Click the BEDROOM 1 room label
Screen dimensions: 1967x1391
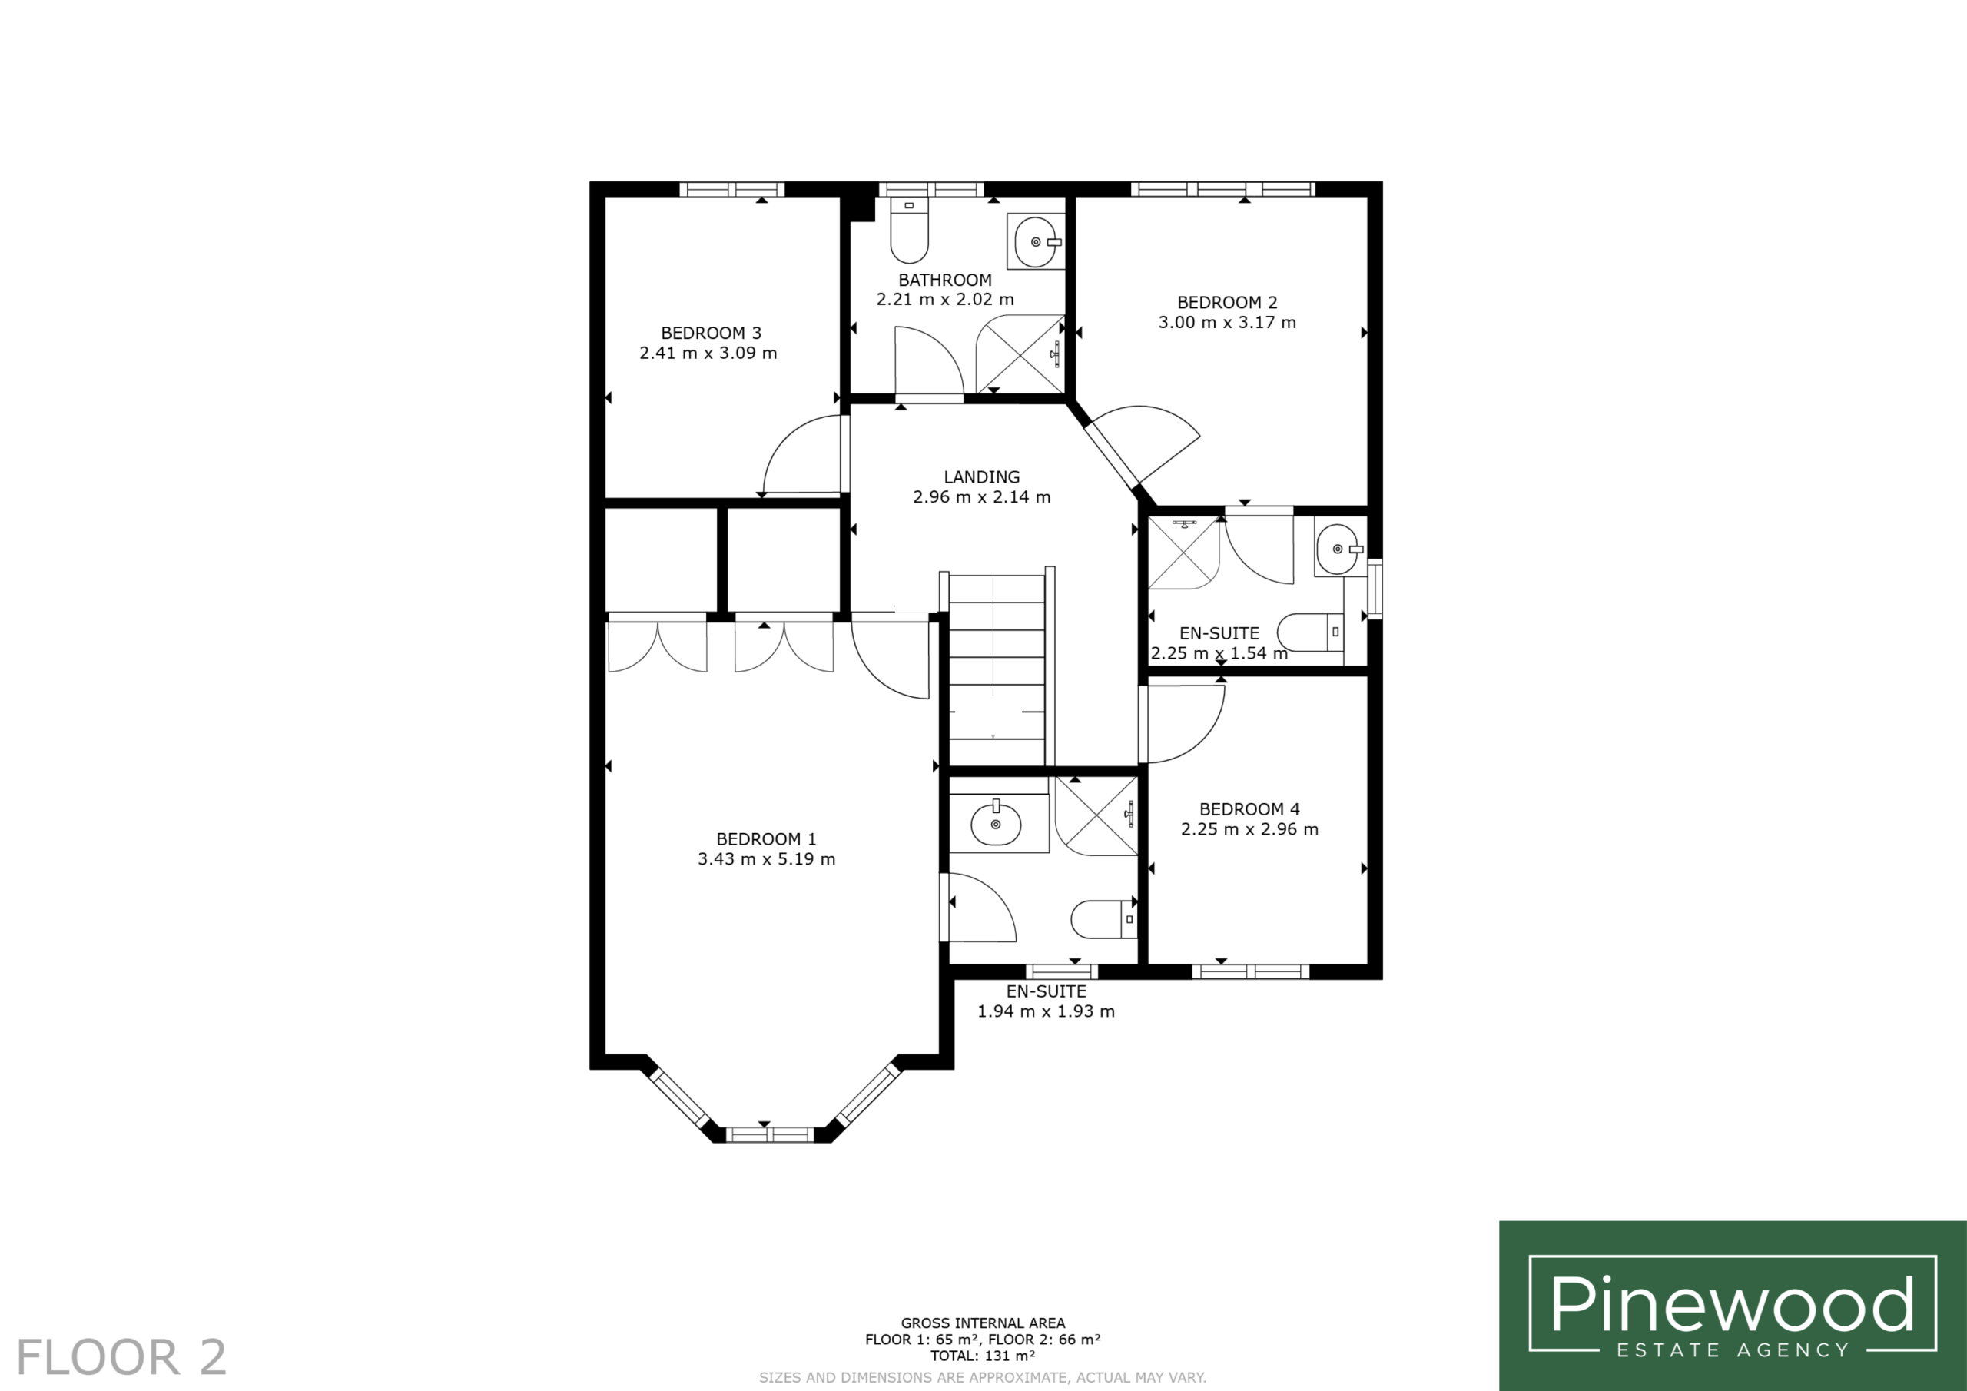[x=766, y=839]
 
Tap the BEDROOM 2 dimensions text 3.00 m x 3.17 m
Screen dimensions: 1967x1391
[x=1227, y=323]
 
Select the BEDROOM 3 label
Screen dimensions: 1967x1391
[x=710, y=334]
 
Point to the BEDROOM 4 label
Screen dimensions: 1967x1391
[x=1249, y=809]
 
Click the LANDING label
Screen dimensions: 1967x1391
[x=982, y=477]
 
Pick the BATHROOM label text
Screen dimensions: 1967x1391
[x=945, y=281]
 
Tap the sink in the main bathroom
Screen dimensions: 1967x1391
[x=1037, y=241]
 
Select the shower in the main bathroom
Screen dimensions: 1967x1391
[x=1020, y=355]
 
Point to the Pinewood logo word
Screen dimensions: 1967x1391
[x=1731, y=1304]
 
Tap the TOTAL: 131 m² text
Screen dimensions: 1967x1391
[x=983, y=1356]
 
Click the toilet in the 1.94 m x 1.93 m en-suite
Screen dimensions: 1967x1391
[x=1103, y=920]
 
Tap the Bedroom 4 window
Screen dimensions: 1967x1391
[x=1251, y=971]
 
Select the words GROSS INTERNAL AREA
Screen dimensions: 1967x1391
[x=983, y=1323]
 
